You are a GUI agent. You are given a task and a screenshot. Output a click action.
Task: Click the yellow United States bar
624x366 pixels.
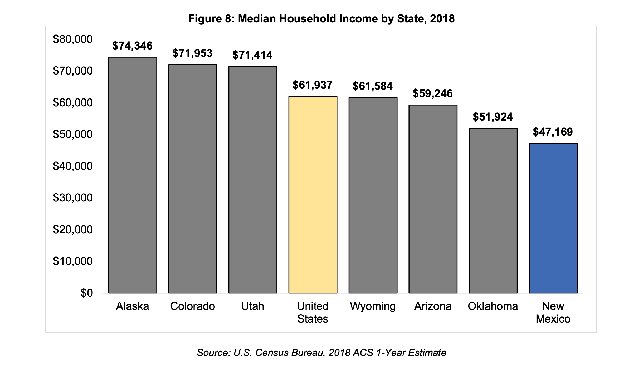313,195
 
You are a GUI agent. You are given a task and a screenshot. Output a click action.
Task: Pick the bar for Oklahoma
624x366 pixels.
493,211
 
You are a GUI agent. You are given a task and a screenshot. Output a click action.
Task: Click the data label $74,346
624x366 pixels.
133,46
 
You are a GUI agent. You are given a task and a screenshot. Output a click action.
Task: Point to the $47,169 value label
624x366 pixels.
553,132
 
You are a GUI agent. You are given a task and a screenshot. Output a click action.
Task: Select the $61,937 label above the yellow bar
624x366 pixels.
313,85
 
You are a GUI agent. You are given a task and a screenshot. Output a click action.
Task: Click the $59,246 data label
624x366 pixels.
433,93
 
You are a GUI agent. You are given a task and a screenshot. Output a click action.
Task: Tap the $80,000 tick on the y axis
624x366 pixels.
73,39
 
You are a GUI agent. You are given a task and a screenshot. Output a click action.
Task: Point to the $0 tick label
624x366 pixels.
87,293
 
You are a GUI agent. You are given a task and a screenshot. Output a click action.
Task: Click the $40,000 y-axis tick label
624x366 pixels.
73,166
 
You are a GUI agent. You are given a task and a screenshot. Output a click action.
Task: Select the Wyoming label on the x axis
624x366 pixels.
373,306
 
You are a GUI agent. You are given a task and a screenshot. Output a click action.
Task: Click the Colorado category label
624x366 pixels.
193,306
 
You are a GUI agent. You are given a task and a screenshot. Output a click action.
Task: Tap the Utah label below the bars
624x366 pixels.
252,306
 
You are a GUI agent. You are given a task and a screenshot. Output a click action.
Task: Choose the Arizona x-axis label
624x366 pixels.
433,306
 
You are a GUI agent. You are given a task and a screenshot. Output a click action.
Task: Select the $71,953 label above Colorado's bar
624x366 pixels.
192,53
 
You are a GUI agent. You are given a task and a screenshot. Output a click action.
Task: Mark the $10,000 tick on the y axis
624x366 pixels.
73,261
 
